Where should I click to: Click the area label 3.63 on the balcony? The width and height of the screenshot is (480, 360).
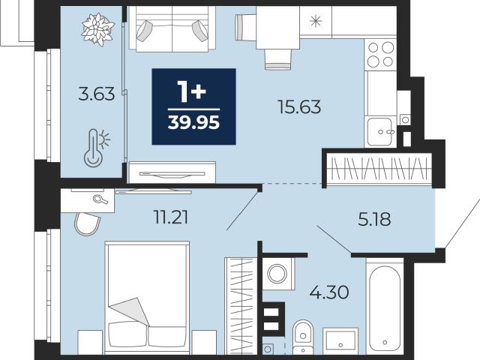(x=97, y=94)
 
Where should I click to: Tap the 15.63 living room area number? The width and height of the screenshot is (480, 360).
(x=300, y=106)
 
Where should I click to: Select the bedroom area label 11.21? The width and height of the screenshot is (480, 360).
(x=171, y=217)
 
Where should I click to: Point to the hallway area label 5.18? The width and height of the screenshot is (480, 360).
(x=374, y=219)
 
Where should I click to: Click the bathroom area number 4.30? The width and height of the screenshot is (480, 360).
(x=329, y=292)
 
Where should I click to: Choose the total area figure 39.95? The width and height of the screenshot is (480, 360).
(x=193, y=123)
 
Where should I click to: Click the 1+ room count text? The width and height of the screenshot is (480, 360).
(x=192, y=91)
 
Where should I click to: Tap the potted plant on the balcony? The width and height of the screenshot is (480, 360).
(x=98, y=29)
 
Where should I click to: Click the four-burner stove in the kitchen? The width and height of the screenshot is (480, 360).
(x=380, y=55)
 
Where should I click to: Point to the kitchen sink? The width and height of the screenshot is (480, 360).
(x=380, y=132)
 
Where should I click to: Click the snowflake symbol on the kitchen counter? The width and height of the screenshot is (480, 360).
(x=316, y=21)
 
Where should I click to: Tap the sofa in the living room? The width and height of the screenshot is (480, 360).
(x=172, y=28)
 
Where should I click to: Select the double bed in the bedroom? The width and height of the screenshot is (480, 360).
(x=147, y=298)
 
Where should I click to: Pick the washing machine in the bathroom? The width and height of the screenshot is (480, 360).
(x=278, y=273)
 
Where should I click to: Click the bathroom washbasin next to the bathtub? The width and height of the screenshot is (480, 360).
(x=340, y=341)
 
